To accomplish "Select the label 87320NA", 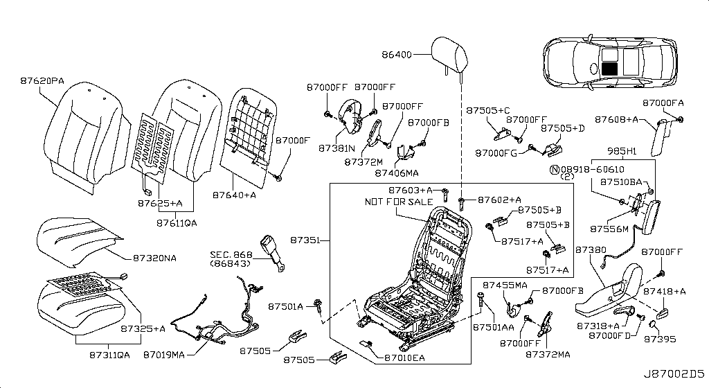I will pos(154,258).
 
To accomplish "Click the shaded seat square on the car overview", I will pos(609,68).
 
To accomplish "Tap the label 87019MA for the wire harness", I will pos(164,355).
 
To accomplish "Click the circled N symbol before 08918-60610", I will pos(554,168).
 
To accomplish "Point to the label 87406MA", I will pos(397,173).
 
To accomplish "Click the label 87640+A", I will pos(235,196).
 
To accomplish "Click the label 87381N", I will pos(338,148).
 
